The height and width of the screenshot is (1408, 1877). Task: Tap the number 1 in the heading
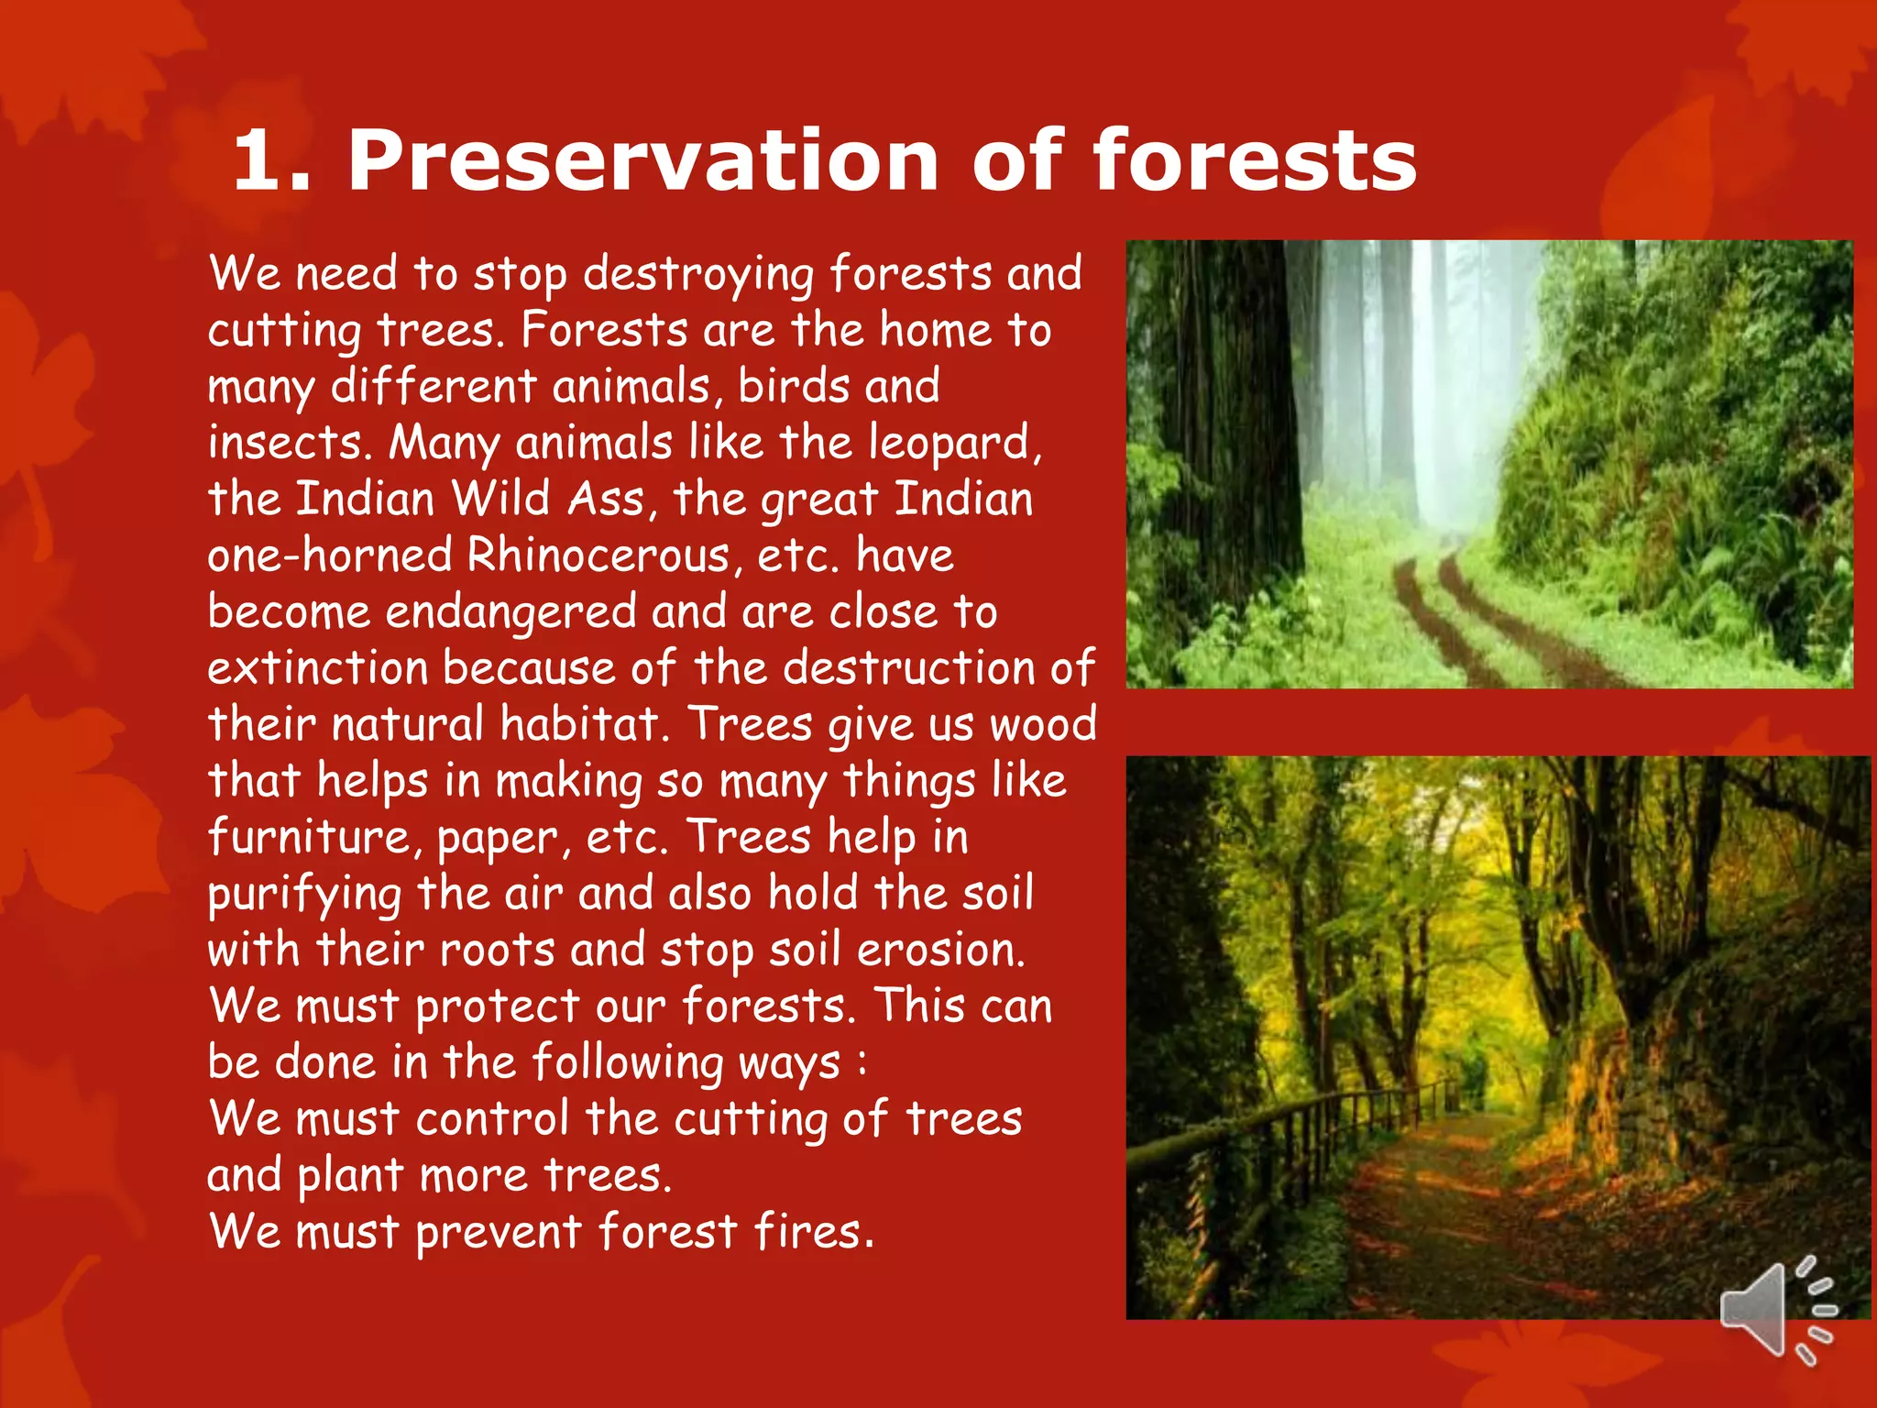pos(262,161)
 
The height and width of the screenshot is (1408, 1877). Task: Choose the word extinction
pos(317,668)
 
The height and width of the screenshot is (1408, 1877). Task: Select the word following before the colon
pos(628,1063)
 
